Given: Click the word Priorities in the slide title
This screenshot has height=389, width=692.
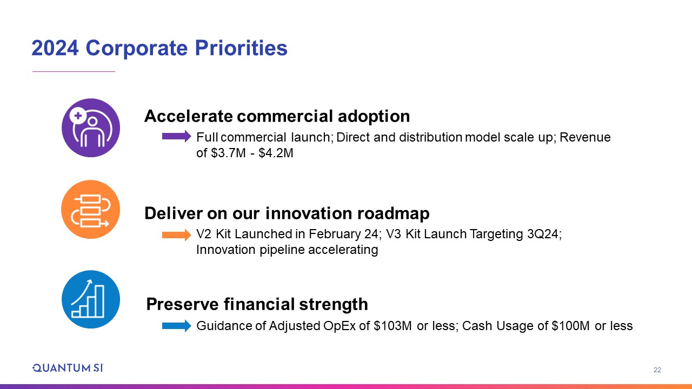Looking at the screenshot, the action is click(241, 49).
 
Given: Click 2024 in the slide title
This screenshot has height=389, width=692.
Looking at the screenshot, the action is click(55, 48).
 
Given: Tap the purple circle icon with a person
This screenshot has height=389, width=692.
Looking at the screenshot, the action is click(91, 128).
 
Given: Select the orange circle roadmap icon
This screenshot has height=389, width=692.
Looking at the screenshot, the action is click(91, 209).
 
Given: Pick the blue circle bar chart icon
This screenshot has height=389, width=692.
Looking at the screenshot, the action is click(91, 299).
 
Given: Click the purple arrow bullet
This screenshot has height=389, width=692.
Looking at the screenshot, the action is click(177, 136).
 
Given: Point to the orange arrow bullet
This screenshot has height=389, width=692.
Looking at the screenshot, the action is click(177, 235).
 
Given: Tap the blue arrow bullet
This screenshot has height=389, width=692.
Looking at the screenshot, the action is click(177, 326).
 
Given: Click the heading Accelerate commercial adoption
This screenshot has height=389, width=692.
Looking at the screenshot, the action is click(277, 116).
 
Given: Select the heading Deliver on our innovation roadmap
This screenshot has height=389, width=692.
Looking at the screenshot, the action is click(287, 213).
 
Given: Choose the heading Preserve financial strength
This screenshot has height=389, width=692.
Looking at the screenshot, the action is click(257, 304).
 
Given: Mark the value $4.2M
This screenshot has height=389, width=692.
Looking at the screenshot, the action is click(276, 153).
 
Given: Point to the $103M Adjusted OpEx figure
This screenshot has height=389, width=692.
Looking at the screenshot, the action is click(392, 326).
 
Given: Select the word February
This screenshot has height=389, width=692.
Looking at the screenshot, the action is click(335, 234).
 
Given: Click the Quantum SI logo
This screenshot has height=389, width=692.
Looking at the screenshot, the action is click(68, 368).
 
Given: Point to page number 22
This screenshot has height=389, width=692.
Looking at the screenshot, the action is click(657, 370).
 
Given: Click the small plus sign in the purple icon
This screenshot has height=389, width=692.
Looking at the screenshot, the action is click(78, 116).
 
